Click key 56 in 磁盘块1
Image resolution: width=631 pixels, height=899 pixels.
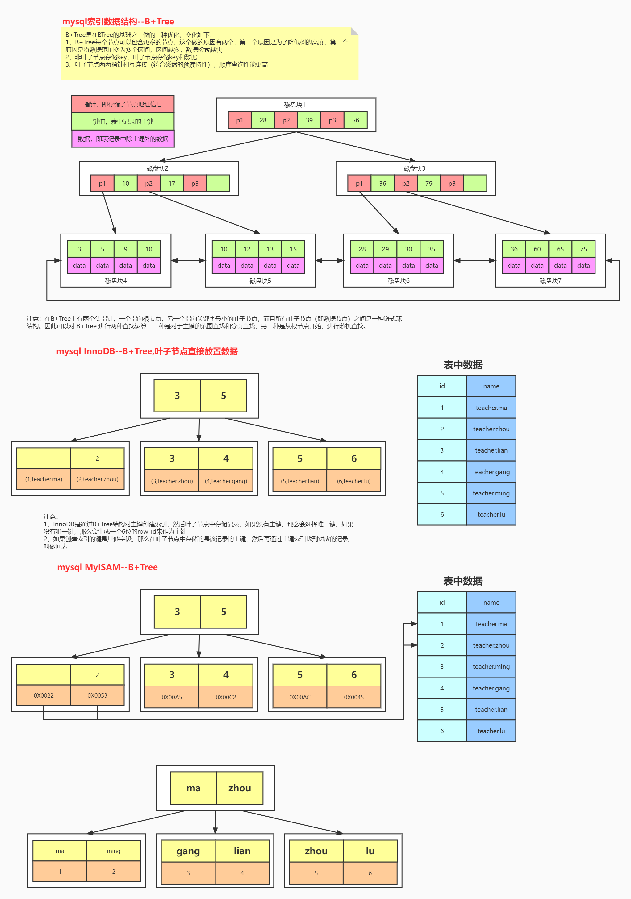355,120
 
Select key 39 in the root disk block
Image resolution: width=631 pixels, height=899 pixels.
309,120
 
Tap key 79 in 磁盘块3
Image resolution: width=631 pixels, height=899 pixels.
428,183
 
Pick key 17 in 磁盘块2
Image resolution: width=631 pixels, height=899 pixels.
172,183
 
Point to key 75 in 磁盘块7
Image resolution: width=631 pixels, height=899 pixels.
583,249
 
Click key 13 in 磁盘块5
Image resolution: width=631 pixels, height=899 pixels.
270,249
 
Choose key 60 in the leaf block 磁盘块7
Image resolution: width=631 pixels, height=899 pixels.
537,249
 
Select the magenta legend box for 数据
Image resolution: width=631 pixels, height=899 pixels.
123,139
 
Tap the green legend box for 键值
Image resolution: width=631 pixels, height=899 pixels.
123,121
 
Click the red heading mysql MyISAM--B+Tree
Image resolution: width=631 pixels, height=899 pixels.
107,567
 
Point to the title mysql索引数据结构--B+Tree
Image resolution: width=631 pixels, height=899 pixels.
118,22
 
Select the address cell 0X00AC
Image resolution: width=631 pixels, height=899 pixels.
300,697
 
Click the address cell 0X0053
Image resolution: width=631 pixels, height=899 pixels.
97,695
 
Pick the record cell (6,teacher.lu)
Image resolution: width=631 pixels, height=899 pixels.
354,481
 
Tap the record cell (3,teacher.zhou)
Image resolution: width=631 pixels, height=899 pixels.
172,481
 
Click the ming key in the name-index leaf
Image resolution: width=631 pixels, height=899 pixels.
114,851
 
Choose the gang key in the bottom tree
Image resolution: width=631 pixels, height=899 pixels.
188,851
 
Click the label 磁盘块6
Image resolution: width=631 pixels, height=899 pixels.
398,281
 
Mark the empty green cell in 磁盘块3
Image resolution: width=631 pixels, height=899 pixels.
475,183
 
